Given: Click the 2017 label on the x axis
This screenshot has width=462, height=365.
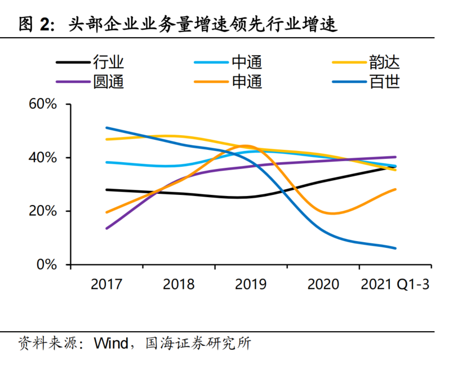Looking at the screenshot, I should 106,284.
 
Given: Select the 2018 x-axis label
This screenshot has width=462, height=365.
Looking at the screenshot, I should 179,284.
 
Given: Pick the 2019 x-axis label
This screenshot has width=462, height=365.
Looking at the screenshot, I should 251,284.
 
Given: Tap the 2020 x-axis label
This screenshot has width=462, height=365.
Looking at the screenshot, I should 323,284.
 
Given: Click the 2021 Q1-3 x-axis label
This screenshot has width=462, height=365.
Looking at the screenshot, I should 394,284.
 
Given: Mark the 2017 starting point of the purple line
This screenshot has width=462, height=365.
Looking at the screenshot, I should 106,228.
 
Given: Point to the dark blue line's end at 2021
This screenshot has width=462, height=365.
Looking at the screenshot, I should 395,248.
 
